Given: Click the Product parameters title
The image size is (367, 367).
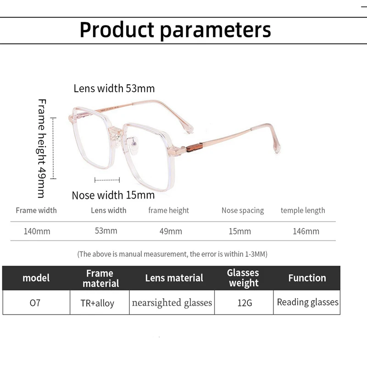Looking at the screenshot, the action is click(x=175, y=30).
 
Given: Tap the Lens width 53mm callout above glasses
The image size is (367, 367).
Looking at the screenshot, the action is click(x=114, y=88).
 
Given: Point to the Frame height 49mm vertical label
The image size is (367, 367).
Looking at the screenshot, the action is click(x=41, y=148).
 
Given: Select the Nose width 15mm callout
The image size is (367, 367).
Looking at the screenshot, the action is click(x=113, y=195).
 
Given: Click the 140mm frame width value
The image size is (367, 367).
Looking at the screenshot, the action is click(x=37, y=231).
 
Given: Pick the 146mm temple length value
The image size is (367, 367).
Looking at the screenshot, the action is click(x=306, y=231).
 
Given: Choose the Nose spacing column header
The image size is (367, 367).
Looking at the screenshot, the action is click(x=243, y=211).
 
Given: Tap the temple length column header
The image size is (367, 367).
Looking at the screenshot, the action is click(x=303, y=211).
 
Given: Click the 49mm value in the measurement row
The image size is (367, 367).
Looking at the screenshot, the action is click(x=171, y=231).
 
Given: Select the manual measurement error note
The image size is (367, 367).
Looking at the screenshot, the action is click(x=172, y=254).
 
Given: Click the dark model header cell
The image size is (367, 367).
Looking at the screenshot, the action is click(x=36, y=278).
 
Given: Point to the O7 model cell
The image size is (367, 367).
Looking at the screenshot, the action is click(x=35, y=303).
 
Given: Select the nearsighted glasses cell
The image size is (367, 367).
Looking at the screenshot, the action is click(x=172, y=303).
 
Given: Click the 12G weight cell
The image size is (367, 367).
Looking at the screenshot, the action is click(x=243, y=303).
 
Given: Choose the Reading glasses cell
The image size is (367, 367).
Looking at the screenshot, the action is click(x=307, y=302).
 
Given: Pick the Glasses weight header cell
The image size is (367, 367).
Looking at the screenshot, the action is click(x=243, y=278).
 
